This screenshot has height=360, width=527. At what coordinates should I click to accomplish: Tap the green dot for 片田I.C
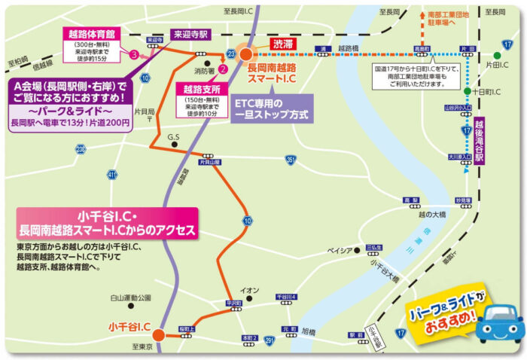tap(497, 54)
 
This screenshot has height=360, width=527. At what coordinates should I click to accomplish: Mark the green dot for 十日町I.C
tap(468, 91)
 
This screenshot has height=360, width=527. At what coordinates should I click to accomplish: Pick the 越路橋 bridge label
tap(349, 47)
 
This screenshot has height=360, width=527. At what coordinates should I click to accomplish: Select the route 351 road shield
tap(291, 160)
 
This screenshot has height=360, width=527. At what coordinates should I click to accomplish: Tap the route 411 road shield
tap(112, 175)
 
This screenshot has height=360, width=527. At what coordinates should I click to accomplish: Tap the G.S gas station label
tap(174, 137)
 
